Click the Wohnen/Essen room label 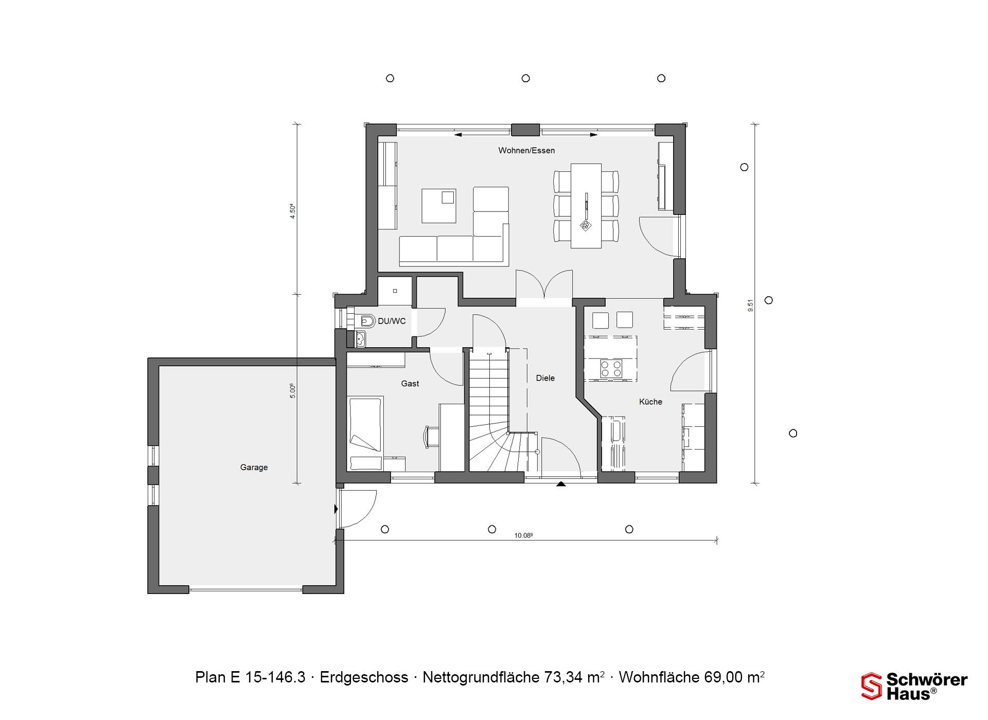(x=526, y=151)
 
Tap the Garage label (x=254, y=467)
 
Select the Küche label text (x=650, y=402)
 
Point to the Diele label (x=545, y=378)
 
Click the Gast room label (x=410, y=384)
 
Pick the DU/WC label (x=392, y=321)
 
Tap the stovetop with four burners (x=611, y=368)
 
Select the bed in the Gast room (x=366, y=433)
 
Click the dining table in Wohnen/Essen (x=586, y=206)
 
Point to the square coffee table (x=439, y=206)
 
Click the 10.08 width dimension (x=523, y=535)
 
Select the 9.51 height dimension (x=750, y=305)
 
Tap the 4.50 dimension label (x=292, y=211)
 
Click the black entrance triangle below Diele (x=561, y=484)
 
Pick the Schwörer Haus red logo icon (x=872, y=686)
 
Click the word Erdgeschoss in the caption (x=364, y=677)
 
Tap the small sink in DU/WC (x=360, y=339)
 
